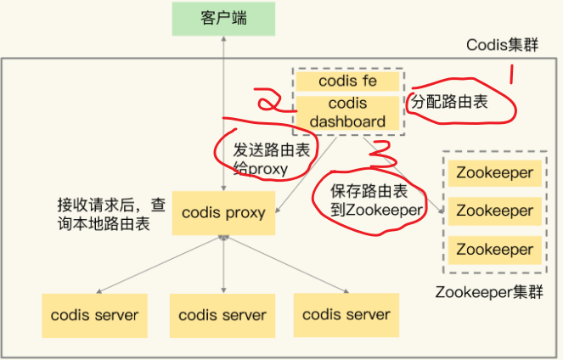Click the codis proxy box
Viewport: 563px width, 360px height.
point(222,212)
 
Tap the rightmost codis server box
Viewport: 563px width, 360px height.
point(346,314)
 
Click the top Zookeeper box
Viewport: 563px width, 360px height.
point(494,173)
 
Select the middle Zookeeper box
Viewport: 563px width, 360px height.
point(494,211)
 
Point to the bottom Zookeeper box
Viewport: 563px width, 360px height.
point(494,249)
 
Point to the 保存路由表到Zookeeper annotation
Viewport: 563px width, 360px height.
point(370,200)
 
